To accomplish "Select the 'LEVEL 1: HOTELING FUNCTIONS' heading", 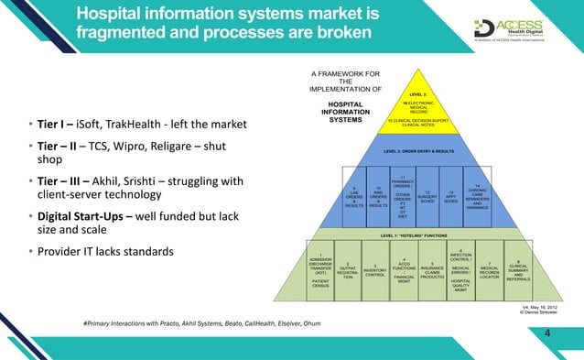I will (x=417, y=235).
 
